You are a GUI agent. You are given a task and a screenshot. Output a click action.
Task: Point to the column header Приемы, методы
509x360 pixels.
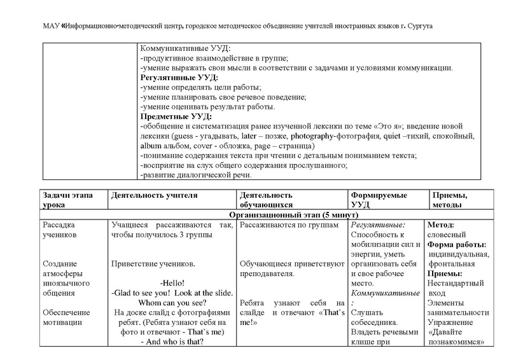pyautogui.click(x=450, y=200)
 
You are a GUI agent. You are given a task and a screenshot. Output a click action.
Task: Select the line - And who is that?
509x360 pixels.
pyautogui.click(x=172, y=342)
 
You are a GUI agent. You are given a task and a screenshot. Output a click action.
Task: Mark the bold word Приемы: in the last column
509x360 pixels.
pyautogui.click(x=444, y=273)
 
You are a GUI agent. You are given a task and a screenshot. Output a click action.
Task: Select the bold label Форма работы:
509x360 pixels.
pyautogui.click(x=457, y=244)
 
